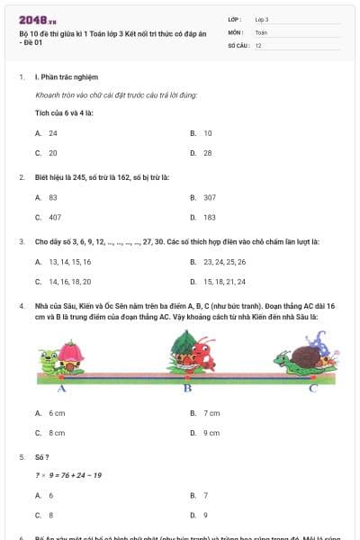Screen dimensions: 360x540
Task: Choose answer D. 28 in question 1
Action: pos(201,152)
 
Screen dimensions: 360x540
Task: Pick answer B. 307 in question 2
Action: pos(202,196)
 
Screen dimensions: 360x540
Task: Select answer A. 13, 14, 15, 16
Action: pos(63,262)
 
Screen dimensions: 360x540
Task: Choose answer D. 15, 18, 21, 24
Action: pos(218,282)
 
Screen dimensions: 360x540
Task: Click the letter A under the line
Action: pos(62,389)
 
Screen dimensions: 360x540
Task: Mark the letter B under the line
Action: pos(188,389)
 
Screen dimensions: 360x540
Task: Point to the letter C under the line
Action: pos(312,389)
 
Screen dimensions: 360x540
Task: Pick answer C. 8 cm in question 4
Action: pos(50,432)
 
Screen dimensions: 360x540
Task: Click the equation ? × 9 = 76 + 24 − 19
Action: pos(68,475)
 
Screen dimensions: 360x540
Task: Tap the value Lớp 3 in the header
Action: pos(262,19)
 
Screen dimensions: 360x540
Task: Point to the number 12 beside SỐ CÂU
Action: pos(258,44)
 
